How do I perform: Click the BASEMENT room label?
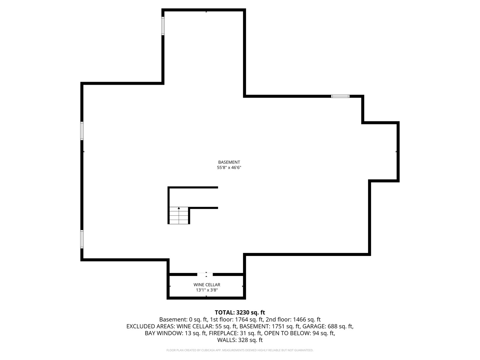(229, 162)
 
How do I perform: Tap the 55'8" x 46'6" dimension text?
(229, 168)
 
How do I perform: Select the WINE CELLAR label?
(207, 285)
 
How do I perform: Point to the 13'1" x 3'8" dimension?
(207, 290)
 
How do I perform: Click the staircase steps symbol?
(179, 215)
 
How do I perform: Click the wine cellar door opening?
(205, 274)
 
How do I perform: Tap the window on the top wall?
(340, 96)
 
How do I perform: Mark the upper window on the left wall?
(82, 131)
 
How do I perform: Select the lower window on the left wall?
(82, 239)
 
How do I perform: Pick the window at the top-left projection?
(163, 26)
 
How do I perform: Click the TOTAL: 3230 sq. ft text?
(240, 313)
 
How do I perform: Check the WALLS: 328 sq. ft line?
(240, 340)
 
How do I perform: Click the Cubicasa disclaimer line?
(240, 350)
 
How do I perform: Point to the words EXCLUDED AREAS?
(150, 326)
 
